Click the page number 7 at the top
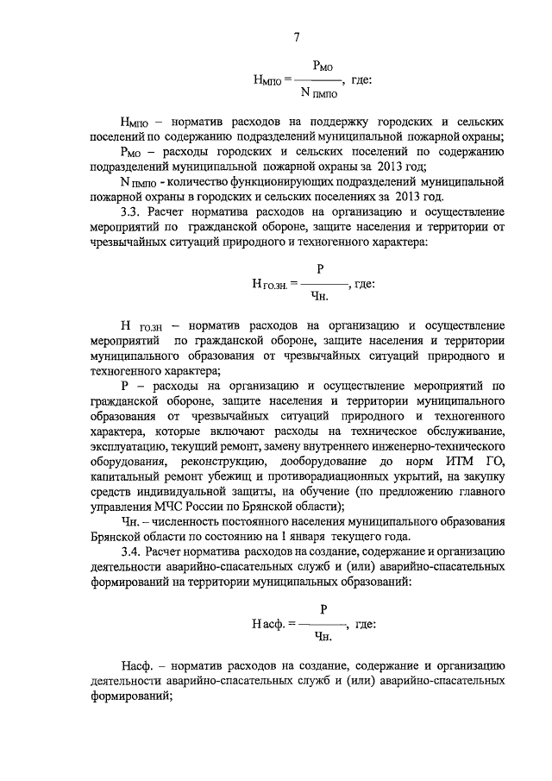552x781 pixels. pyautogui.click(x=296, y=36)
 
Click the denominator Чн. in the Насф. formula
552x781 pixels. pyautogui.click(x=324, y=639)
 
